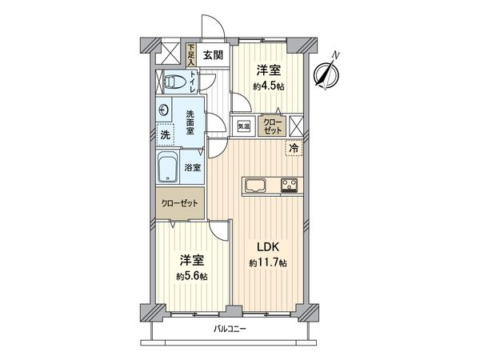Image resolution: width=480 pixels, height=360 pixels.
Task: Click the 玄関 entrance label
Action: click(212, 55)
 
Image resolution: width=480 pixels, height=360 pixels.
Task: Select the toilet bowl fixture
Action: click(176, 81)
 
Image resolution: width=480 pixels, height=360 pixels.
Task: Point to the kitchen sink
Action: click(255, 188)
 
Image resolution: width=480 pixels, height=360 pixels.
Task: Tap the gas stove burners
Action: click(289, 188)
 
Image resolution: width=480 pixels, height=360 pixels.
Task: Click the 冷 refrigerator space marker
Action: click(294, 148)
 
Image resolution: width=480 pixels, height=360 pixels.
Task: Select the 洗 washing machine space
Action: click(166, 136)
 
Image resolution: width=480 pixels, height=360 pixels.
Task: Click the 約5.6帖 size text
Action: click(192, 276)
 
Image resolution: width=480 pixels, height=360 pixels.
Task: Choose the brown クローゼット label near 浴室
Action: click(179, 204)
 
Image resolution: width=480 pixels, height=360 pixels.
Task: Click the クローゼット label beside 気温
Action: click(272, 126)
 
